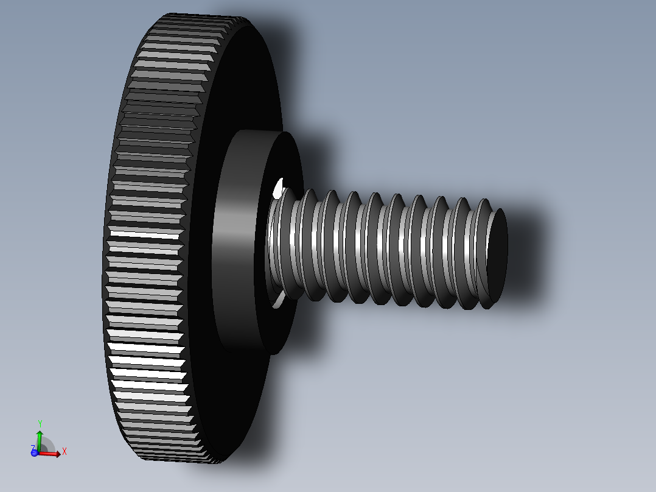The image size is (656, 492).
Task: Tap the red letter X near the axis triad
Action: (64, 451)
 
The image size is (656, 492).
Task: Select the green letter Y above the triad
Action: (40, 423)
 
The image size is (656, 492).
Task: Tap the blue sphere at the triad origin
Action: (35, 452)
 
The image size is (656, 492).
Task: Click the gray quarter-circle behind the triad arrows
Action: (47, 445)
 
